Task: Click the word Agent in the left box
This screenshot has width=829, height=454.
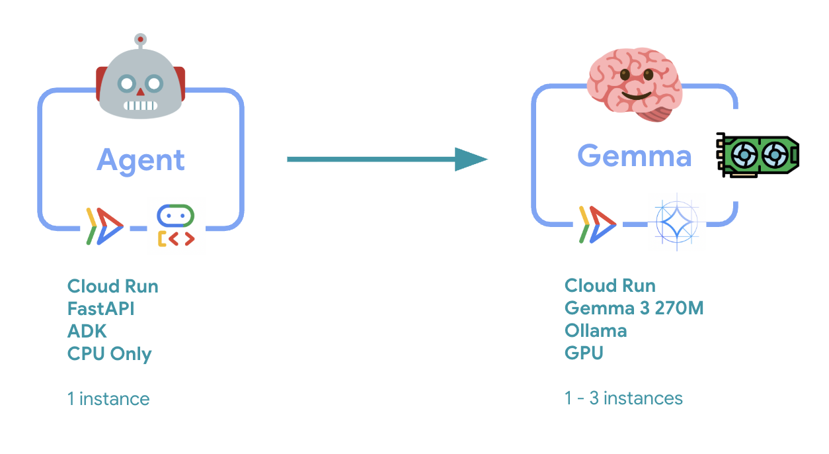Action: coord(140,160)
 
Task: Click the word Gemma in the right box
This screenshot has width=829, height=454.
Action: coord(634,156)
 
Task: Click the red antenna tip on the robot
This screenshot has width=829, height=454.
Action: coord(140,40)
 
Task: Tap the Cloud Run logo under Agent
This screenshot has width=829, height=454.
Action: coord(104,226)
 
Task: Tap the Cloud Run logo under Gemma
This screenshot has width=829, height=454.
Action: coord(596,224)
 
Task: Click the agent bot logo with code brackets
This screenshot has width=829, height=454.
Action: coord(175,226)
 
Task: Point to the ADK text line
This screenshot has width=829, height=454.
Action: coord(87,331)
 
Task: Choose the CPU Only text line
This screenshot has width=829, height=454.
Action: coord(109,353)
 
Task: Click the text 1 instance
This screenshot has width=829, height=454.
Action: coord(108,399)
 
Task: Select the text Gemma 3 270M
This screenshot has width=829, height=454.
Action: coord(633,308)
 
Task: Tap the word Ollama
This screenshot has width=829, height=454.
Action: coord(595,330)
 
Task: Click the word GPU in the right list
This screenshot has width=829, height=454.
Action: coord(584,352)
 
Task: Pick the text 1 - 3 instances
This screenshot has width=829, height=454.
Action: coord(623,398)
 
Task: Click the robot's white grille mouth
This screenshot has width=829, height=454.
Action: coord(140,105)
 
